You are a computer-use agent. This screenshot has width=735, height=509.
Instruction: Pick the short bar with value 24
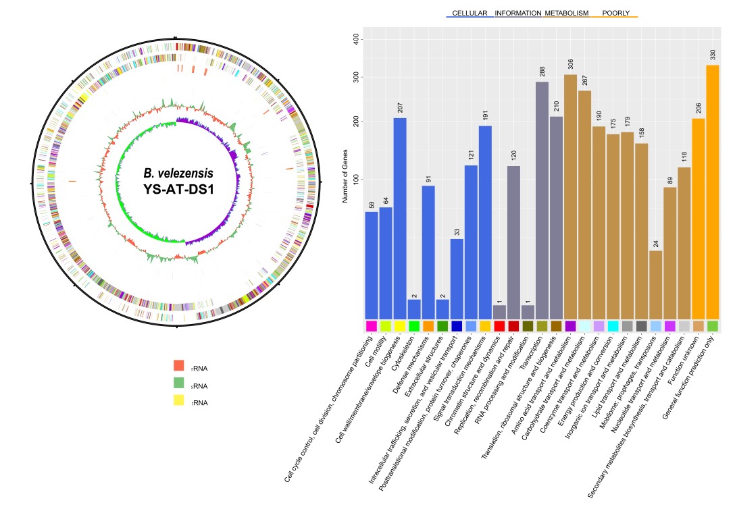[x=655, y=284]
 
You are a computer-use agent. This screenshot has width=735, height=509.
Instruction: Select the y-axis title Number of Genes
[x=345, y=176]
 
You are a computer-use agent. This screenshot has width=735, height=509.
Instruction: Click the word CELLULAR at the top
[x=470, y=13]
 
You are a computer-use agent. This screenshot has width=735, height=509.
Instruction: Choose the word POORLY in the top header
[x=615, y=13]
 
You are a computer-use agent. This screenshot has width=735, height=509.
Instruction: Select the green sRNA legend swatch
[x=179, y=383]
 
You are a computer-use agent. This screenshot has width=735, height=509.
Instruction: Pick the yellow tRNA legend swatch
[x=179, y=400]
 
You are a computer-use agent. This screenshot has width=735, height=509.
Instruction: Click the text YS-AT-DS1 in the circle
[x=178, y=189]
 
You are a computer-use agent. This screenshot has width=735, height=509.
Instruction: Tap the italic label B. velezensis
[x=178, y=173]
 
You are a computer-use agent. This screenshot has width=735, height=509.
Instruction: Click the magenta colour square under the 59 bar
[x=371, y=326]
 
